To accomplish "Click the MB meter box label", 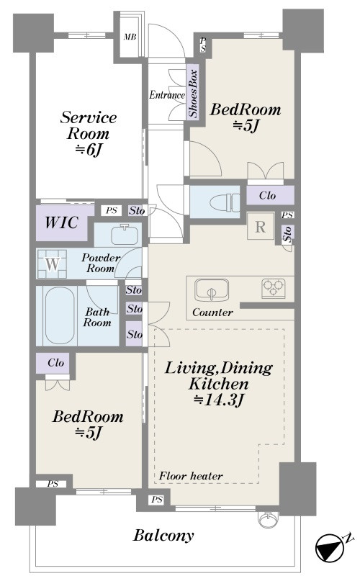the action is coord(130,37).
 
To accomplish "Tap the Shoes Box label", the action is coord(192,94).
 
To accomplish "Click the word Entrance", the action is coord(167,95).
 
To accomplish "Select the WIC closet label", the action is coord(61,222).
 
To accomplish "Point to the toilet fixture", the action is coord(225,202).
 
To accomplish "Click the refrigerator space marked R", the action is coord(260,226).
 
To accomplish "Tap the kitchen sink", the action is coord(211,290).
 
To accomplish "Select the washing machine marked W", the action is coord(52,264).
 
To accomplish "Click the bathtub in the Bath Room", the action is coord(59,315).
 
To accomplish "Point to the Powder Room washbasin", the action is coord(125,235).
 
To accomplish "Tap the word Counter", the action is coord(212,312).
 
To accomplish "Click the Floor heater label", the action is coord(191,476).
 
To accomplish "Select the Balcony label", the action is coord(163,536).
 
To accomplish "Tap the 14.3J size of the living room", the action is coord(219,400).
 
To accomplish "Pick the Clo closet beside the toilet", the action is coord(270,195).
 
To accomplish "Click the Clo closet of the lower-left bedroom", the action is coord(55,363).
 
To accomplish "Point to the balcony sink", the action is coord(267,518).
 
